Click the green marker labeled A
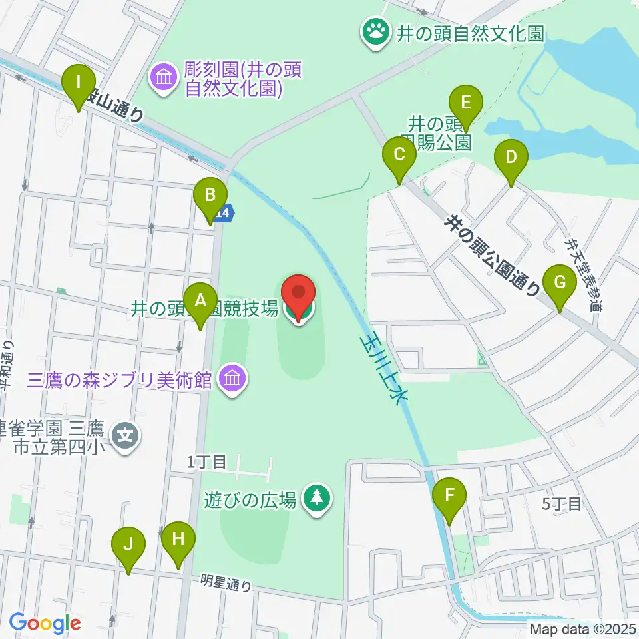coord(200,303)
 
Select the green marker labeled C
coord(399,157)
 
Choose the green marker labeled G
coord(560,284)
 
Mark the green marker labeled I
coord(79,85)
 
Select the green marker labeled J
coord(129,546)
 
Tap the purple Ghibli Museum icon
coord(232,380)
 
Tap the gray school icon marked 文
coord(126,437)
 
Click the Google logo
coord(45,624)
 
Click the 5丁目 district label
coord(562,504)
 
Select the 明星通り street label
coord(226,584)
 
